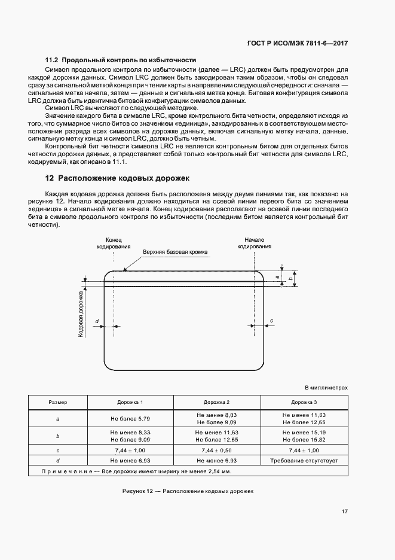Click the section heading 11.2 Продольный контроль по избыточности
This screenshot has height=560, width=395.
click(x=121, y=60)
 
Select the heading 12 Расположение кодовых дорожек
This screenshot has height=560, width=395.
click(x=117, y=178)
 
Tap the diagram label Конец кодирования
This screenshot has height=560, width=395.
click(x=114, y=243)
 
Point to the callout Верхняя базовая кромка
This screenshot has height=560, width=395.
click(x=175, y=252)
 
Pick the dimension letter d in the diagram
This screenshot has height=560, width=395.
click(x=97, y=322)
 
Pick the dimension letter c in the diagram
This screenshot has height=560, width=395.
click(x=272, y=321)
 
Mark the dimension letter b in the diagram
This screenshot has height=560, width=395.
click(x=290, y=279)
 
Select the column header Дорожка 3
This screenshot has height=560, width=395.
click(x=304, y=403)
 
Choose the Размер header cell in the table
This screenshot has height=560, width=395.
click(x=58, y=403)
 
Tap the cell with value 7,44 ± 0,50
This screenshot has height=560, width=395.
click(x=216, y=449)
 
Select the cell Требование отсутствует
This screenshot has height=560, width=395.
click(x=304, y=461)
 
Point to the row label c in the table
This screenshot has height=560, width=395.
click(x=58, y=449)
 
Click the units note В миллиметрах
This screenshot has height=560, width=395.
click(x=326, y=387)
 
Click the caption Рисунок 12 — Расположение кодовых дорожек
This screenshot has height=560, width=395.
click(x=188, y=491)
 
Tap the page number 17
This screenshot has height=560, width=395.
click(x=345, y=512)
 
